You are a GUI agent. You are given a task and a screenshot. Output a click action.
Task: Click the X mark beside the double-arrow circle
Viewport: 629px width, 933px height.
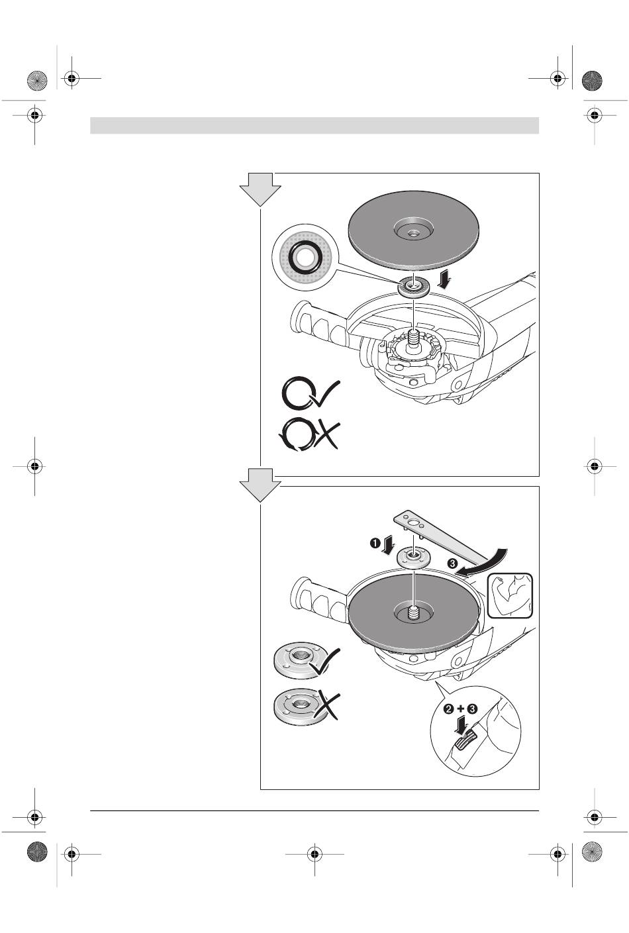pyautogui.click(x=326, y=436)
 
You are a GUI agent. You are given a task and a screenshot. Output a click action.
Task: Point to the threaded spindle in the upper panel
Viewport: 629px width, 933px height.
pyautogui.click(x=413, y=336)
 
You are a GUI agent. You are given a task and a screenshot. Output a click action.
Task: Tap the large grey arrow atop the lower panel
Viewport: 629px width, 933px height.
pyautogui.click(x=260, y=485)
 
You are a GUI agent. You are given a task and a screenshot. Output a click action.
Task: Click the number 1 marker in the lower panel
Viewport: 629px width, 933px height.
pyautogui.click(x=375, y=543)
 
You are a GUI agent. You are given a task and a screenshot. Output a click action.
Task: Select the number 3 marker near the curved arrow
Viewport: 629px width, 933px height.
pyautogui.click(x=452, y=564)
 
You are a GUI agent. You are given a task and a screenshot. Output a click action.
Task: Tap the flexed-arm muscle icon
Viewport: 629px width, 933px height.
pyautogui.click(x=510, y=595)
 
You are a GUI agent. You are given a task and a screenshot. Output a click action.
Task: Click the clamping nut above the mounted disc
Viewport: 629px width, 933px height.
pyautogui.click(x=412, y=557)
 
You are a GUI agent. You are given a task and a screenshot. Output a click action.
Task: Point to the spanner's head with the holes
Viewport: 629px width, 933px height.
pyautogui.click(x=412, y=522)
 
